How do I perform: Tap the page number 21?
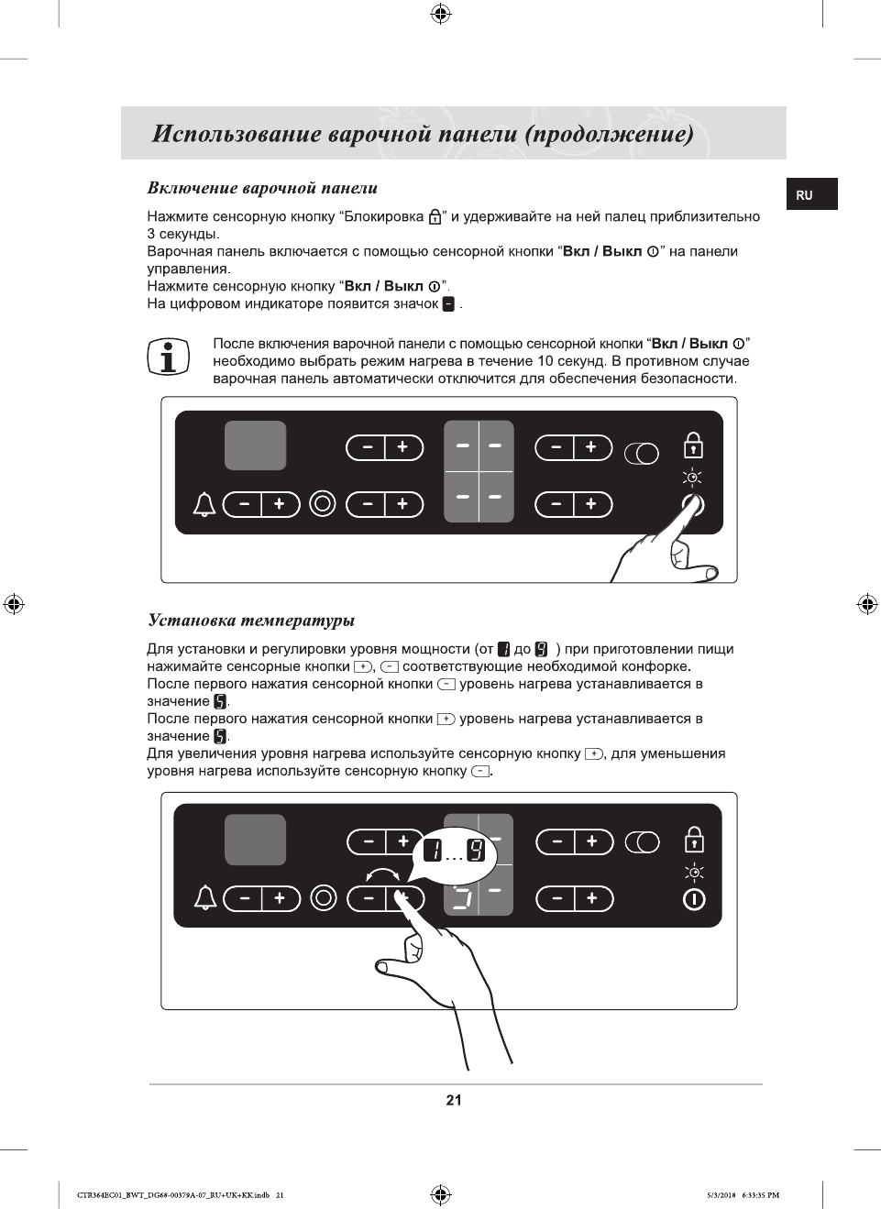tap(454, 1100)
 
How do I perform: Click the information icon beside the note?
tap(168, 357)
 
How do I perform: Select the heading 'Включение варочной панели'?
tap(262, 188)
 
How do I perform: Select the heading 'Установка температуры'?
tap(251, 621)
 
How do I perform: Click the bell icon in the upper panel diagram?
tap(204, 504)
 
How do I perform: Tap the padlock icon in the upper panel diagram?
tap(694, 445)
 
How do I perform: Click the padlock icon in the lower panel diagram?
tap(695, 839)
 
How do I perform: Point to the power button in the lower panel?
tap(695, 899)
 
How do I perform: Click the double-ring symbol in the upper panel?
tap(323, 503)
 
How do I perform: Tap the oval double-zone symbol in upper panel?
tap(642, 454)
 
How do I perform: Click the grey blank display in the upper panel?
tap(256, 445)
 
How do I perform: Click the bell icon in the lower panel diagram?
tap(205, 898)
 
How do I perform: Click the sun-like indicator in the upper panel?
tap(694, 477)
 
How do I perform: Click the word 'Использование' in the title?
tap(237, 134)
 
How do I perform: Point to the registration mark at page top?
tap(440, 13)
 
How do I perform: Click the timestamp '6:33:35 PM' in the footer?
tap(761, 1195)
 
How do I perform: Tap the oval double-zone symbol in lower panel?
tap(642, 842)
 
